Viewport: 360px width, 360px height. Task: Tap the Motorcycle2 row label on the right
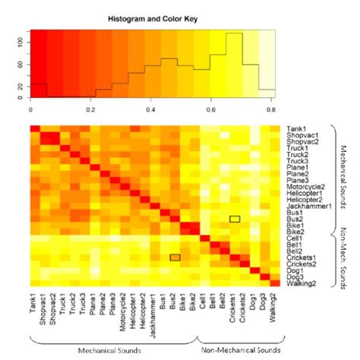306,186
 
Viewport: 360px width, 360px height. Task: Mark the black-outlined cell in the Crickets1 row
175,257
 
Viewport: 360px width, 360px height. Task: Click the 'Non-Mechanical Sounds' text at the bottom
239,350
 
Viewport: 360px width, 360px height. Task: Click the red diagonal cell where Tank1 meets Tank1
35,128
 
